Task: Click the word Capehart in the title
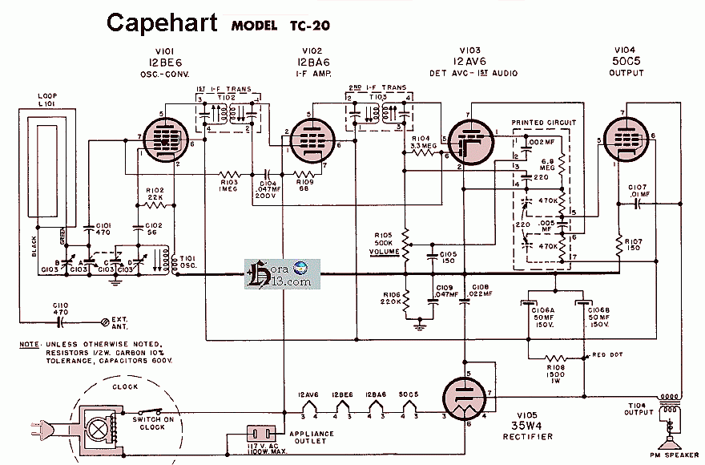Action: pos(161,22)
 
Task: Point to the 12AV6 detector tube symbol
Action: pos(469,142)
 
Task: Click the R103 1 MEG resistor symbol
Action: pos(231,173)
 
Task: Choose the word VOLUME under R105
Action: pos(385,251)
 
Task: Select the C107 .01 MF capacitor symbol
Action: pos(639,204)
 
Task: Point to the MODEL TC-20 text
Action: pos(279,24)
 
